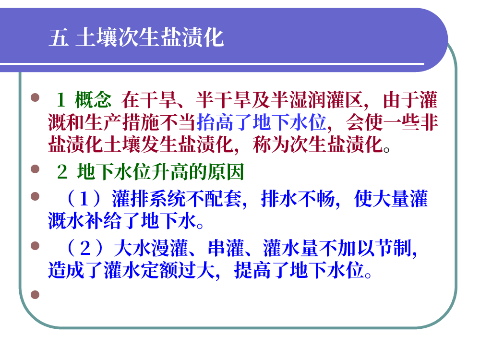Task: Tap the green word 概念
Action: tap(93, 100)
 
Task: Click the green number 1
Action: tap(60, 100)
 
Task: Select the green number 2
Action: tap(62, 172)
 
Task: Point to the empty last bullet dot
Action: tap(35, 295)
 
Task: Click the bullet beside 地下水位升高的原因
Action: tap(35, 169)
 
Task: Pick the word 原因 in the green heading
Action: tap(226, 172)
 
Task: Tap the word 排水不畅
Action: tap(298, 199)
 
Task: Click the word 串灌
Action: tap(226, 248)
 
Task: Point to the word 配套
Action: tap(223, 199)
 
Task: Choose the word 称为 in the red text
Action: tap(271, 145)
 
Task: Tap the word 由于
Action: tap(401, 100)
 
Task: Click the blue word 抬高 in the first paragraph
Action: tap(215, 122)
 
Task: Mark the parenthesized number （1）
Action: tap(84, 199)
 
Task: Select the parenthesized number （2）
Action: tap(85, 248)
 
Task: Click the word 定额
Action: tap(159, 270)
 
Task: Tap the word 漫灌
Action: tap(170, 248)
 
